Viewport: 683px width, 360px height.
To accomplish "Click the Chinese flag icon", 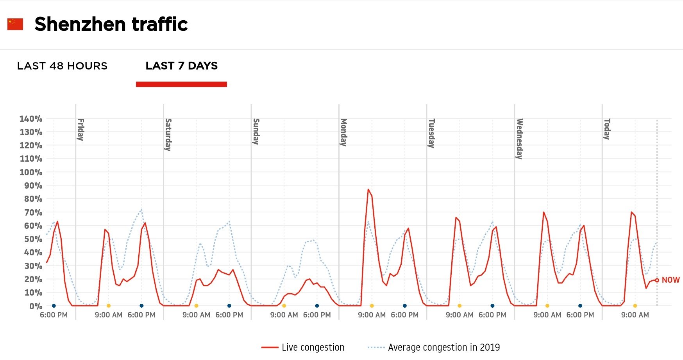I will point(15,24).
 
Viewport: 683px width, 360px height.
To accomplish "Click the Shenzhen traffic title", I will point(111,24).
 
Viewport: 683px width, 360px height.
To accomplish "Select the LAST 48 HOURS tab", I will point(62,66).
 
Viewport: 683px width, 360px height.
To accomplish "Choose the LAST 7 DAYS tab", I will point(181,66).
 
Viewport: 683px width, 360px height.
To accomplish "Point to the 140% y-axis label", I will point(31,119).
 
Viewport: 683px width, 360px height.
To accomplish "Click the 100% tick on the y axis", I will point(31,172).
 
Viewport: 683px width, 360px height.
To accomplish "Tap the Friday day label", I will point(80,129).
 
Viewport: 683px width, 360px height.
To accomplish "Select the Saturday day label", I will point(168,134).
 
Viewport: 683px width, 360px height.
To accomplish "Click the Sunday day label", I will point(256,131).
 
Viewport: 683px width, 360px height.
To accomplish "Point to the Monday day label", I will point(343,132).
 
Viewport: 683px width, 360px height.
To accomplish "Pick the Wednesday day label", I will point(519,139).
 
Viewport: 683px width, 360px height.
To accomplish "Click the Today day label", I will point(607,129).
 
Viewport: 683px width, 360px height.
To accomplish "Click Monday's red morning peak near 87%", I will point(368,189).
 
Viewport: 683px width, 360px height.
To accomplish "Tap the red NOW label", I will point(670,280).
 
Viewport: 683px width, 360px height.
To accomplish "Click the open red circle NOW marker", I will point(657,280).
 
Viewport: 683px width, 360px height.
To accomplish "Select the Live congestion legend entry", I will point(303,347).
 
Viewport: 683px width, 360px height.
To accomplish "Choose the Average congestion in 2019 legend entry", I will point(434,347).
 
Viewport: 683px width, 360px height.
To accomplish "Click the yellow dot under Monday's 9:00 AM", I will point(372,306).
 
